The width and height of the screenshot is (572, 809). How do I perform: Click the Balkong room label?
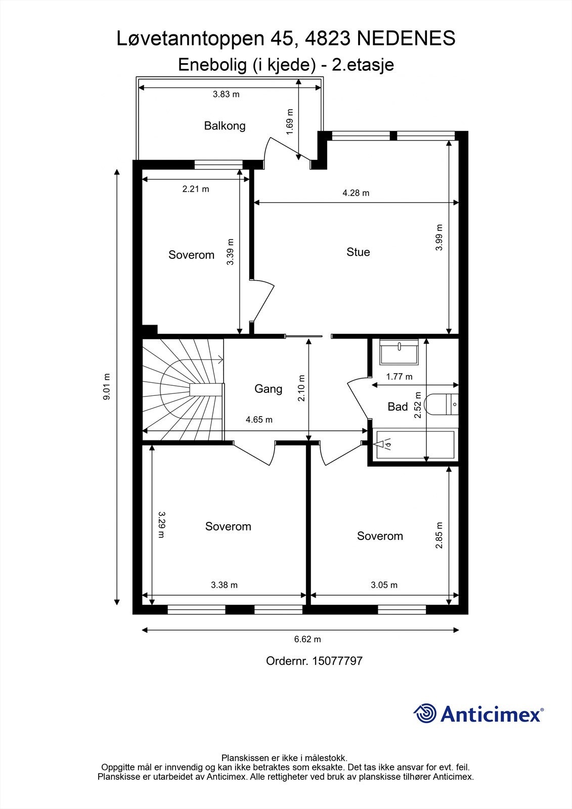click(225, 126)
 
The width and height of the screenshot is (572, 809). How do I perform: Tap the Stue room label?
click(358, 252)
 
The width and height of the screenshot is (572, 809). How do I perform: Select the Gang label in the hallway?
click(268, 389)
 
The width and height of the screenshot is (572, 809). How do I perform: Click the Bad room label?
click(398, 407)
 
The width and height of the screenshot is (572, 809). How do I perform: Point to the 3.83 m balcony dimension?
click(226, 94)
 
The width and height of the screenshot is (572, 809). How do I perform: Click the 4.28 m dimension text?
click(356, 193)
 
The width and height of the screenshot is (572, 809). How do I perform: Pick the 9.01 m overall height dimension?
click(107, 386)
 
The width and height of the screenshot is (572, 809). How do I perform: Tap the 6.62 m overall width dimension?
click(307, 639)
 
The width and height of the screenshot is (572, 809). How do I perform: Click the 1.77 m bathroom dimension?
click(399, 377)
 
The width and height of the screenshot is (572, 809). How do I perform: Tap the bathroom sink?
click(399, 352)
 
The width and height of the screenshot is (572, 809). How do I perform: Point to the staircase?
click(183, 390)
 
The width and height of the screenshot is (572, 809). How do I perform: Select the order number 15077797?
click(337, 660)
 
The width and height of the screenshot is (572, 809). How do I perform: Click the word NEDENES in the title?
click(406, 38)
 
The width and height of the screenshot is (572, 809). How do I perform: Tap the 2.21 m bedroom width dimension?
click(196, 189)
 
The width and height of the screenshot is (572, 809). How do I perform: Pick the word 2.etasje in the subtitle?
click(363, 65)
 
